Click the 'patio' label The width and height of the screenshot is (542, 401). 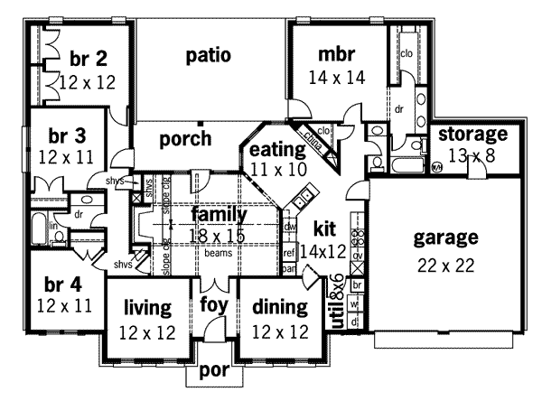point(209,55)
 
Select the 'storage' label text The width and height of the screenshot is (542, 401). point(472,135)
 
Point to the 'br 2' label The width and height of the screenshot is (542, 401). point(88,59)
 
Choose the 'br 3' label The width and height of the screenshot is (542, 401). point(67,135)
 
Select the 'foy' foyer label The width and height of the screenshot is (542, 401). point(214,304)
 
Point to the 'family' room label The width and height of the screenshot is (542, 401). point(219,215)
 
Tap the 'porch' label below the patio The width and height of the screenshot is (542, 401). point(184,139)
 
